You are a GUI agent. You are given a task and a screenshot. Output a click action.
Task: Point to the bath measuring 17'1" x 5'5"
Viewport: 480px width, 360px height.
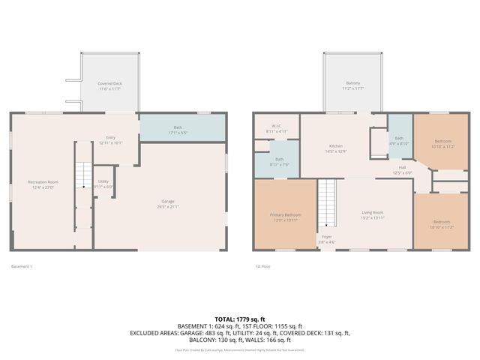coord(178,127)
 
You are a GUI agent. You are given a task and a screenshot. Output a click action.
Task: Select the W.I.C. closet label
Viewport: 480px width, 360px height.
coord(277,127)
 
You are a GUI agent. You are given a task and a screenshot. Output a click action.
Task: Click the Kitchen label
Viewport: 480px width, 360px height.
coord(336,146)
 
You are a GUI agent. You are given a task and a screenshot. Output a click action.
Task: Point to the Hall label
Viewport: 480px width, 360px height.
coord(402,169)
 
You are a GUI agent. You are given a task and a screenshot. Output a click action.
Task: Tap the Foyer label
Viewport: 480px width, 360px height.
coord(327,237)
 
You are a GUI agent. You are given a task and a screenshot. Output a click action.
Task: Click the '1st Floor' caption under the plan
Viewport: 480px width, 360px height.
coord(262,266)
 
